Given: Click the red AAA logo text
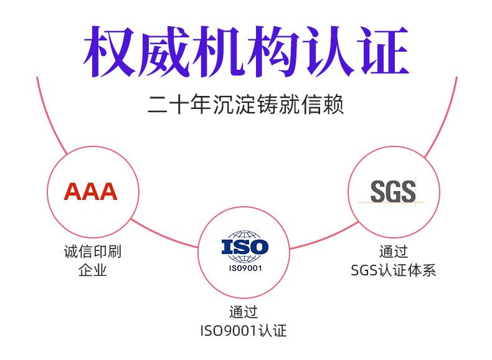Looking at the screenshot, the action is click(x=91, y=191).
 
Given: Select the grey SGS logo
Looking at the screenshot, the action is click(x=392, y=191).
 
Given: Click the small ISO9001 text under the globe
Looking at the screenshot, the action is click(x=245, y=268).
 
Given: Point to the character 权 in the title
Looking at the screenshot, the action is click(x=110, y=51).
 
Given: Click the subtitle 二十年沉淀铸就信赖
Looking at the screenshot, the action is click(x=245, y=104).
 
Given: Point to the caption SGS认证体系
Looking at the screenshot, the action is click(x=393, y=270).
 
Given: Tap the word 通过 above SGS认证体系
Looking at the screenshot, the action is click(x=393, y=252).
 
